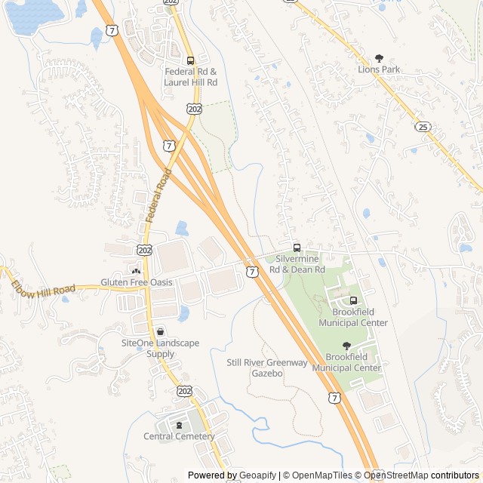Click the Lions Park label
point(379,69)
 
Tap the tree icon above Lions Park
point(379,58)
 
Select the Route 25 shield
point(423,127)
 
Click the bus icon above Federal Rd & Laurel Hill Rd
point(190,61)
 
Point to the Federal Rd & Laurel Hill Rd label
point(191,77)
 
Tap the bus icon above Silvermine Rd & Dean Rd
point(297,248)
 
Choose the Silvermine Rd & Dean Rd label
point(297,264)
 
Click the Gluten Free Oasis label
point(137,282)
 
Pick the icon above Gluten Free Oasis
point(137,271)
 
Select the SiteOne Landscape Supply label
point(160,348)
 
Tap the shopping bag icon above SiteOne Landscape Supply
point(160,331)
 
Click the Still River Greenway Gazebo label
point(267,368)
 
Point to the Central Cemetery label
point(179,436)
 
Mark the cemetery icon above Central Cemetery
point(179,425)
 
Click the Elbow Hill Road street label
point(43,289)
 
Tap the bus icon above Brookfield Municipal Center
point(353,300)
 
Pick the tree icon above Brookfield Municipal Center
point(346,346)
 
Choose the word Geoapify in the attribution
point(258,475)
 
